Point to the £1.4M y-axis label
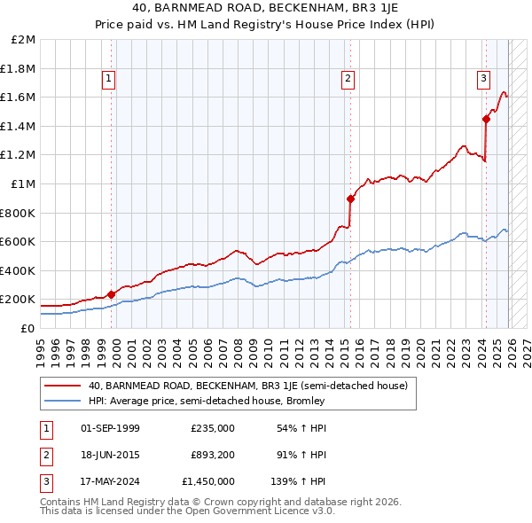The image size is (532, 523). pos(19,127)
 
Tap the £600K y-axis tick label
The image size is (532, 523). pos(19,242)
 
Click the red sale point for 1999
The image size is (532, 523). pos(111,294)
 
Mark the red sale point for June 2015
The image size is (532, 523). pos(350,199)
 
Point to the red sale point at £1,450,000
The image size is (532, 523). pos(486,119)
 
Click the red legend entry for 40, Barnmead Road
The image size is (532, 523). pos(247,386)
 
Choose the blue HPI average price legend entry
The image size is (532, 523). pos(207,401)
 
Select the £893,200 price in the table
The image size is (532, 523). pos(213,455)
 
